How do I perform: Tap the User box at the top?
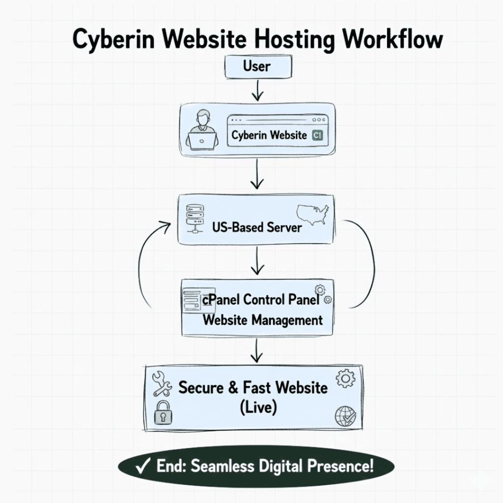(257, 65)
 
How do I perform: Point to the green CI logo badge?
(317, 136)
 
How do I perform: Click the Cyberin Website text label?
(269, 136)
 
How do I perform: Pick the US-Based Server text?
(257, 227)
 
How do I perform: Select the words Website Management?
(262, 320)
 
